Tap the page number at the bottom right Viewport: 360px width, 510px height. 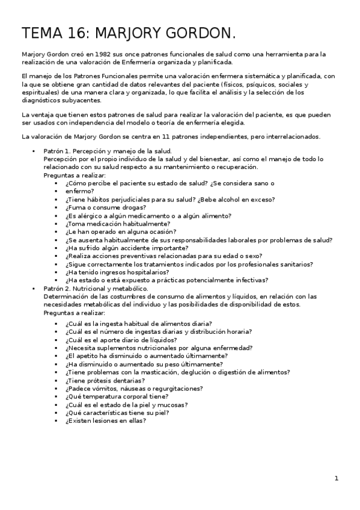click(337, 479)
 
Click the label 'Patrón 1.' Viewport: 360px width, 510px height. click(58, 151)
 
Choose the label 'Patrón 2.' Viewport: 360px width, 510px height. click(58, 289)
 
